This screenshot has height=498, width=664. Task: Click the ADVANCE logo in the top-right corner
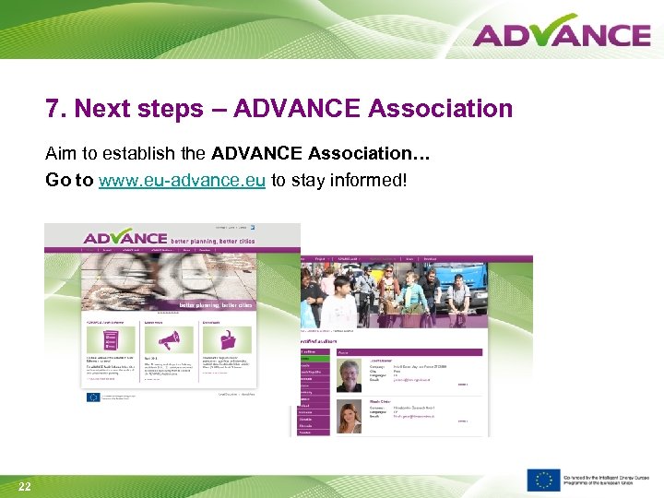(562, 33)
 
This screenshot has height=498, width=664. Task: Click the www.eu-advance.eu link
(182, 180)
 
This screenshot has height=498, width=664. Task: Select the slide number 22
(25, 487)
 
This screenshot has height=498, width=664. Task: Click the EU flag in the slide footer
(543, 480)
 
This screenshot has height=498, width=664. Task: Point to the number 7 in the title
(53, 109)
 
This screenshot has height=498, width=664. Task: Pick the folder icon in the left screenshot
(210, 338)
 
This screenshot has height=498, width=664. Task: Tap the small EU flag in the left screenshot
(92, 397)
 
